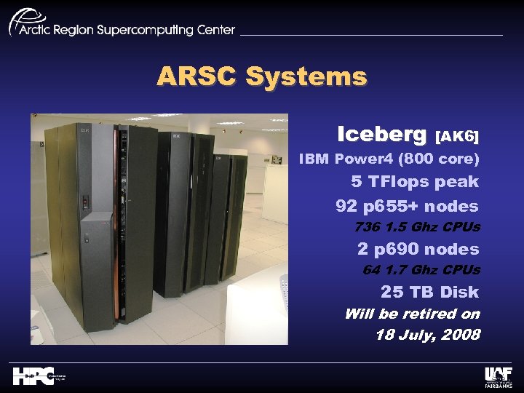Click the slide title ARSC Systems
point(262,76)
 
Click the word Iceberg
point(382,135)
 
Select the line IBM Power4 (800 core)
point(389,158)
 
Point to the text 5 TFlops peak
point(415,181)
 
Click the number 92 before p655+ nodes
point(347,206)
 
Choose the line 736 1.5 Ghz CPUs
point(417,227)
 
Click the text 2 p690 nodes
point(418,249)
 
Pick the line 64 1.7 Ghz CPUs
point(421,270)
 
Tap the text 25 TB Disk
point(429,292)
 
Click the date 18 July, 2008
point(428,335)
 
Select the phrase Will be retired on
point(412,314)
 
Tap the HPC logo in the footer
point(33,376)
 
